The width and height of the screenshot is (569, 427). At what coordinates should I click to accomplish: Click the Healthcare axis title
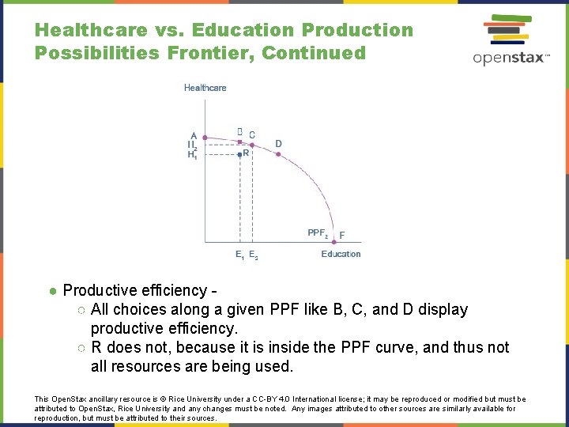point(205,88)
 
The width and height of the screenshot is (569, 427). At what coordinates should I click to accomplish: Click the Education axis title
point(341,254)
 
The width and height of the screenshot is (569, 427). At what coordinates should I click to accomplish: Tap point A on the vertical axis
point(194,135)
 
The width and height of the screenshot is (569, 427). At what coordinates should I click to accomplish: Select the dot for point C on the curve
point(251,143)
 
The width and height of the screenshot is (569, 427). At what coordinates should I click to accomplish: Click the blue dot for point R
point(239,155)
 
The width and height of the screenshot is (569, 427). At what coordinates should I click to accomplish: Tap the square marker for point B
point(239,143)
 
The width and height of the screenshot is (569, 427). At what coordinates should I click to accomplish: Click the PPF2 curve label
point(317,232)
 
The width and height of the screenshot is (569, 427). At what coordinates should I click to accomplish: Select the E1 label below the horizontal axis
point(239,255)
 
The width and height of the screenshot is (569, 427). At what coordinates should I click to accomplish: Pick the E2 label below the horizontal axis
point(253,255)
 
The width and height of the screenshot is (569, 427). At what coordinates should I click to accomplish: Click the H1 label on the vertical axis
point(192,155)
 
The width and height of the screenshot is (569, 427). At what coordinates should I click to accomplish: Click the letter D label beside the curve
point(278,143)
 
